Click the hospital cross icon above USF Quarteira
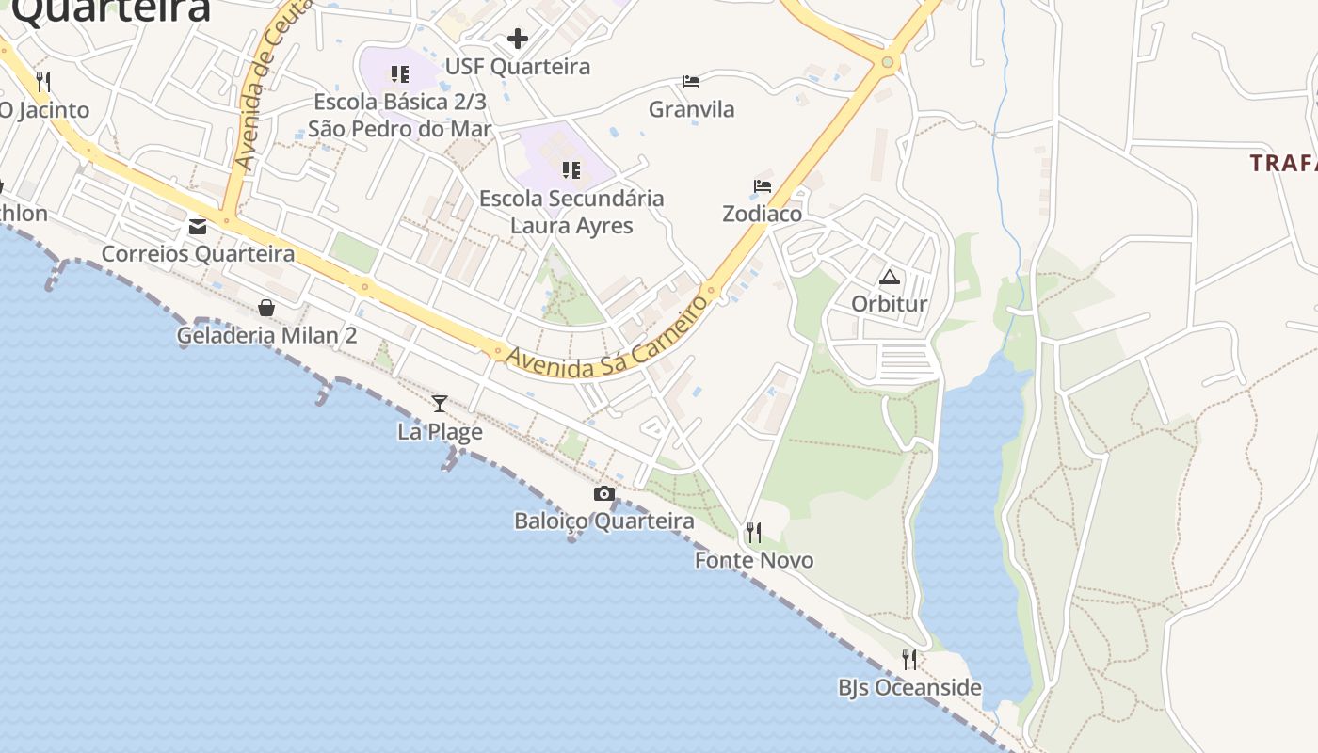[x=517, y=39]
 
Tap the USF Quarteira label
[x=517, y=67]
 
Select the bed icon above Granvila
[x=691, y=82]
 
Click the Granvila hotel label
[x=691, y=109]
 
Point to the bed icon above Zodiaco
[x=763, y=186]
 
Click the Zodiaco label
[x=763, y=214]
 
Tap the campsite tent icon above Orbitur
[x=889, y=277]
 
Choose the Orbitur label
[x=889, y=304]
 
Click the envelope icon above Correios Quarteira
[x=198, y=227]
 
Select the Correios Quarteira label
[x=198, y=254]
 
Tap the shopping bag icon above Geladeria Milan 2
[x=267, y=308]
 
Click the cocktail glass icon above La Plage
[x=440, y=404]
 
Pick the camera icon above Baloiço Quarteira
[x=604, y=493]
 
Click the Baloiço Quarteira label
[x=604, y=521]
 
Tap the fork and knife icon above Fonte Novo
[x=754, y=533]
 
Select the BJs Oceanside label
[x=909, y=688]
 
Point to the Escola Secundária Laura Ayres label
[x=571, y=212]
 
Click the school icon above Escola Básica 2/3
[x=400, y=73]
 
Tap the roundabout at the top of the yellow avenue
[x=887, y=63]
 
